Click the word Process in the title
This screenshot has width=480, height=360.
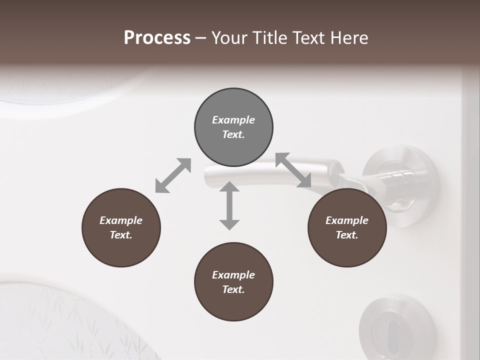click(x=157, y=38)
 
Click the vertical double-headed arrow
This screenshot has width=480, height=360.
click(x=229, y=206)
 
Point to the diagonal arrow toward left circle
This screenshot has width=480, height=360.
click(x=173, y=175)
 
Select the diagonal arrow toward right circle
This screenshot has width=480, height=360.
click(x=293, y=170)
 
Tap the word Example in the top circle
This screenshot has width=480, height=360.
click(x=233, y=120)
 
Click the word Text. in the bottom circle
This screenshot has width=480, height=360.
click(x=233, y=289)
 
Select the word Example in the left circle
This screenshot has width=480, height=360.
click(x=121, y=220)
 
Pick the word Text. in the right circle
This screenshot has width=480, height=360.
click(x=347, y=235)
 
